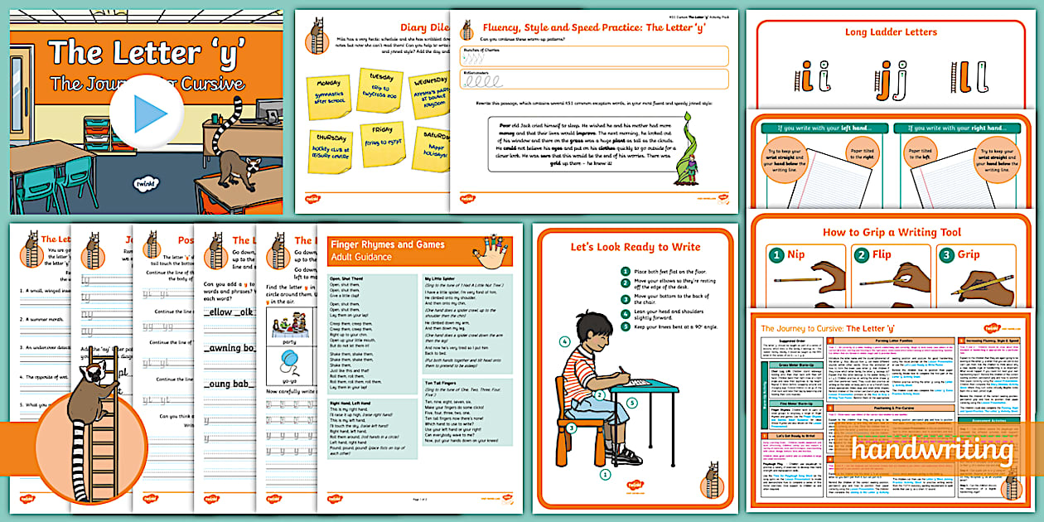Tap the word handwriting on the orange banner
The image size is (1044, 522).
pyautogui.click(x=935, y=451)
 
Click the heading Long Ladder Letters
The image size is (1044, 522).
pyautogui.click(x=891, y=32)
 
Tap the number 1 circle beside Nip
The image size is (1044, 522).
pyautogui.click(x=776, y=255)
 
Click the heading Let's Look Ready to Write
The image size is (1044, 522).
pyautogui.click(x=635, y=247)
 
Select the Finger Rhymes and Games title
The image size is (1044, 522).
pyautogui.click(x=387, y=244)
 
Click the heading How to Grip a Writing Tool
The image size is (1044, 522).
pyautogui.click(x=892, y=232)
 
